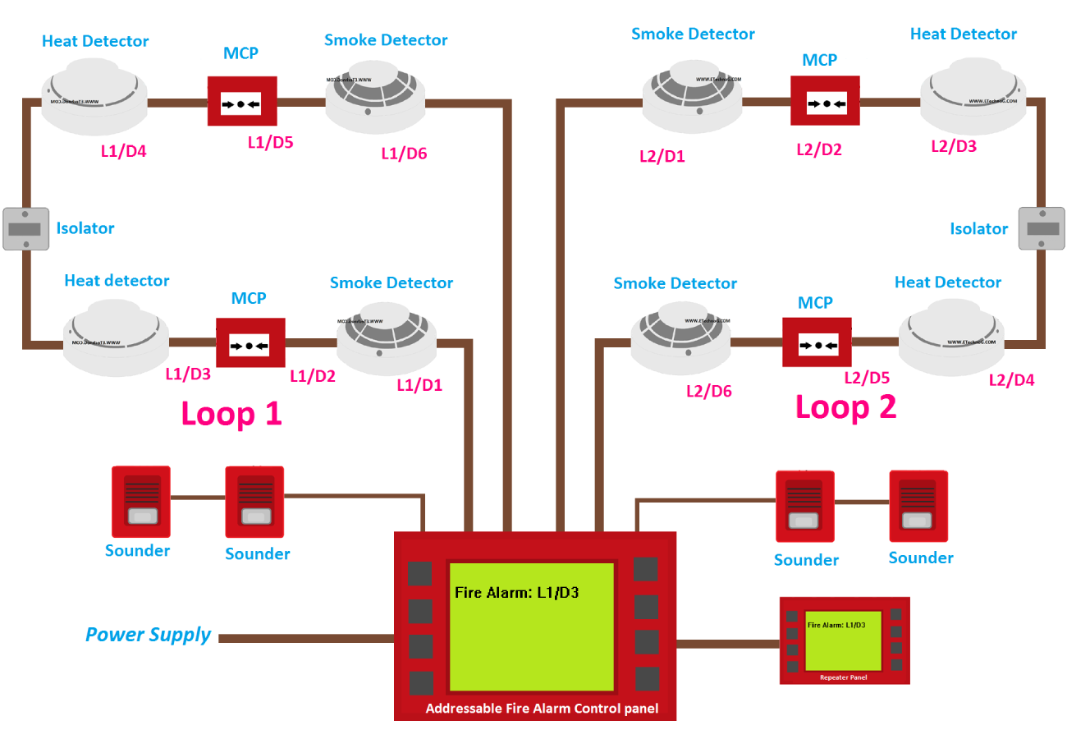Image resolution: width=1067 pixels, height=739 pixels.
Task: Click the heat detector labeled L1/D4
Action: pos(94,97)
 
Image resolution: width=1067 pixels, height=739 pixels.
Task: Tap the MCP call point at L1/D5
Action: pos(241,103)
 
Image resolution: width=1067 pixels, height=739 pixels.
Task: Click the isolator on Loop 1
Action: pos(26,228)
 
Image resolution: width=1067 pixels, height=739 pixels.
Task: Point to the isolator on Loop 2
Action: pos(1041,227)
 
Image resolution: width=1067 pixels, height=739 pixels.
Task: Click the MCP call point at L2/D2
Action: pos(825,101)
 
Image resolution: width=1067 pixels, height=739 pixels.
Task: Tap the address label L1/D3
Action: pos(188,374)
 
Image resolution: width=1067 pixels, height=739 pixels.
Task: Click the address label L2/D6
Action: pos(708,392)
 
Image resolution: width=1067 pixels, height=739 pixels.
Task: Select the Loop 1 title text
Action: pos(231,413)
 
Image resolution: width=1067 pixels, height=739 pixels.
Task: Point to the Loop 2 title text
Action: pos(845,407)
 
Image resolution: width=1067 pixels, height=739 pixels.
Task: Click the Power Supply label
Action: pos(149,635)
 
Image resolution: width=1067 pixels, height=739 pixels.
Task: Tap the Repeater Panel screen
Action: pos(843,640)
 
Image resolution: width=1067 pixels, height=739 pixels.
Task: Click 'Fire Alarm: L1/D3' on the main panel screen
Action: pos(517,593)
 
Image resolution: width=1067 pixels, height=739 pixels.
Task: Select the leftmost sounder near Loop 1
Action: pos(140,500)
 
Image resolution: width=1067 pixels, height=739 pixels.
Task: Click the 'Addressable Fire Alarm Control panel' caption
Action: pos(542,709)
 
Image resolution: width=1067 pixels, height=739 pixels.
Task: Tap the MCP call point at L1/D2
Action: pos(250,343)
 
